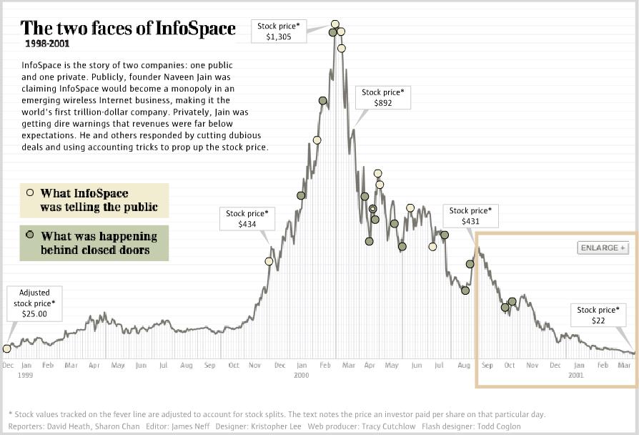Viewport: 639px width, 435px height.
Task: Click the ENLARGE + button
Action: (x=603, y=248)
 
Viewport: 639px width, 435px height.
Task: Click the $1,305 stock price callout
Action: (x=278, y=31)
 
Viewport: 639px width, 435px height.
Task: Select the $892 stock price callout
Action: (x=382, y=97)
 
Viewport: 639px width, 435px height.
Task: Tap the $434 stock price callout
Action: (x=247, y=218)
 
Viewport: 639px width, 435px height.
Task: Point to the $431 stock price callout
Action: (x=470, y=216)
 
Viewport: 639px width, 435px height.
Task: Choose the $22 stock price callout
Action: (x=598, y=316)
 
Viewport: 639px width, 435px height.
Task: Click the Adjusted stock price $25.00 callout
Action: (x=34, y=303)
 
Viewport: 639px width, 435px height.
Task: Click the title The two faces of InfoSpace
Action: (x=128, y=29)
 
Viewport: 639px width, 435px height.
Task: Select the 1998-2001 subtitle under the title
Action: (x=47, y=44)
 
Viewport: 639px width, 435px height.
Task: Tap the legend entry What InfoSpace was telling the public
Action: (x=95, y=200)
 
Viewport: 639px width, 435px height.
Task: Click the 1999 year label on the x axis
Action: (x=25, y=375)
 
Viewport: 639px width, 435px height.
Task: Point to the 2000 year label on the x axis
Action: (x=301, y=375)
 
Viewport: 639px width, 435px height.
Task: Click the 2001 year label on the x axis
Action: (x=576, y=375)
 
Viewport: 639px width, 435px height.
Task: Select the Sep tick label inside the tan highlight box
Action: (x=487, y=366)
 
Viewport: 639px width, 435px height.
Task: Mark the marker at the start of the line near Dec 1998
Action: (x=7, y=348)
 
